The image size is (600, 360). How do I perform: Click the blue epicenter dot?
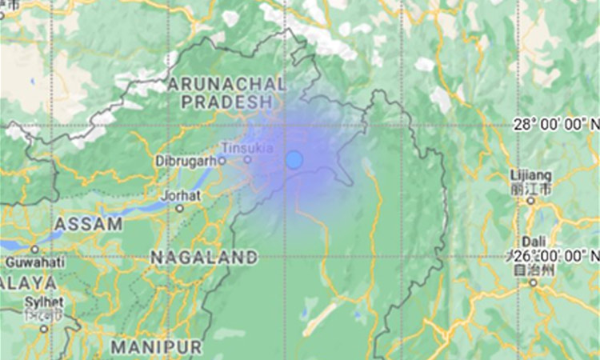coord(294,160)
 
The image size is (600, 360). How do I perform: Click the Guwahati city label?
coord(33,262)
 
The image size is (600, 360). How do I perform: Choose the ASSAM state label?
coord(88,224)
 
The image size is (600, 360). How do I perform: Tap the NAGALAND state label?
coord(204,258)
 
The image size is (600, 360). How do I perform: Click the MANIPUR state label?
coord(156,347)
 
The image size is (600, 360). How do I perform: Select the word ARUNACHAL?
coord(226,85)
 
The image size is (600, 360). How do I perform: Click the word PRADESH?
coord(226,102)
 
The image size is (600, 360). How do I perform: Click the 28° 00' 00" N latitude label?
coord(556,124)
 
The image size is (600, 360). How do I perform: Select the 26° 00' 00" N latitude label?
coord(560,256)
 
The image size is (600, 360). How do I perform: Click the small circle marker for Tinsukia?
coord(247,158)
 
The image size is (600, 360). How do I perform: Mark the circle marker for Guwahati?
coord(34,250)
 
